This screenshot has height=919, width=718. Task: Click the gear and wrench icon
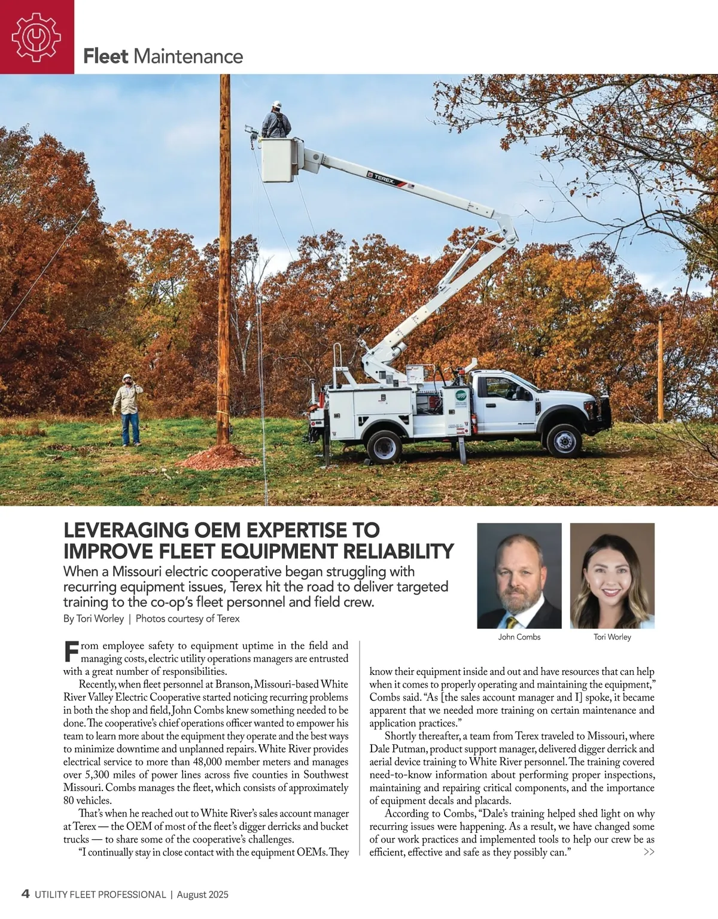point(36,37)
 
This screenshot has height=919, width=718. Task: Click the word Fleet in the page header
point(106,56)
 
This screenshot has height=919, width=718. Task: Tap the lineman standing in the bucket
point(276,121)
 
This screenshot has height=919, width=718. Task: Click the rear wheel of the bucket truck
point(384,446)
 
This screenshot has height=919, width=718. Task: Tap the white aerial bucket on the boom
point(279,160)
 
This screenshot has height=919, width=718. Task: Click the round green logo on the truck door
point(461,396)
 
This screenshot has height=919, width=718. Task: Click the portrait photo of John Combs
point(519,576)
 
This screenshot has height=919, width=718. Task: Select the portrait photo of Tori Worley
point(612,576)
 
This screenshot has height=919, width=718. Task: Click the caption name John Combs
point(519,637)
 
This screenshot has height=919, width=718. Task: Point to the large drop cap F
point(71,652)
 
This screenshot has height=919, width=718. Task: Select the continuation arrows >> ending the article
point(649,852)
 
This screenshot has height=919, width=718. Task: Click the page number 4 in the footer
point(25,894)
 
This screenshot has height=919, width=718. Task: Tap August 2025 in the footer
point(202,895)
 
